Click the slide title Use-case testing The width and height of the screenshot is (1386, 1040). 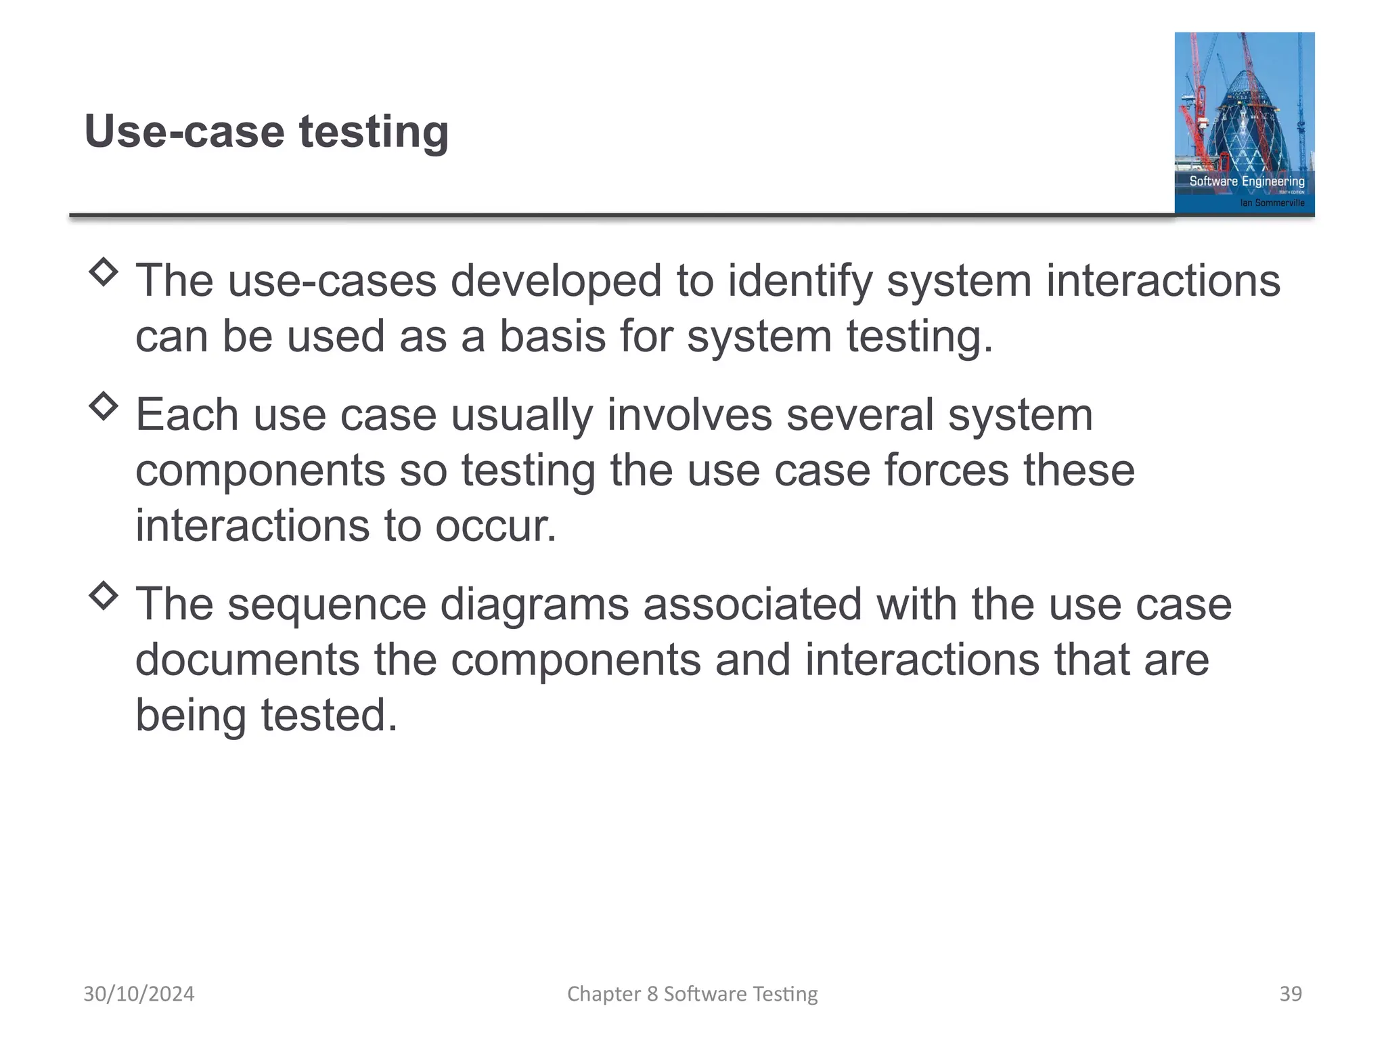coord(266,131)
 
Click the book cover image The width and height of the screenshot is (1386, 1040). coord(1244,123)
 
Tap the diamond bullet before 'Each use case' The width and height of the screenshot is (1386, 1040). coord(104,406)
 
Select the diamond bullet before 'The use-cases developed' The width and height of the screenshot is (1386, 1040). coord(104,272)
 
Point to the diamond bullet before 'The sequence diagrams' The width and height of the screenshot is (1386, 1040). coord(104,596)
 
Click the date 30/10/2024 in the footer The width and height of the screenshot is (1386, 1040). coord(139,994)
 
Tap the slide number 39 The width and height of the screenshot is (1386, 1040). coord(1290,994)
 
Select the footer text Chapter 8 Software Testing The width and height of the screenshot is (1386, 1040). coord(692,994)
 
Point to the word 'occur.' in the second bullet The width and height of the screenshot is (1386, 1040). coord(495,526)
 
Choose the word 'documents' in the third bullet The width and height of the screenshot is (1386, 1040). coord(248,660)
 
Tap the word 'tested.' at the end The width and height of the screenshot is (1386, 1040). coord(330,716)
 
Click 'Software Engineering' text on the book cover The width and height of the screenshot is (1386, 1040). coord(1247,181)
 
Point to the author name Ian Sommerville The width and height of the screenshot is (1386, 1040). coord(1272,202)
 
